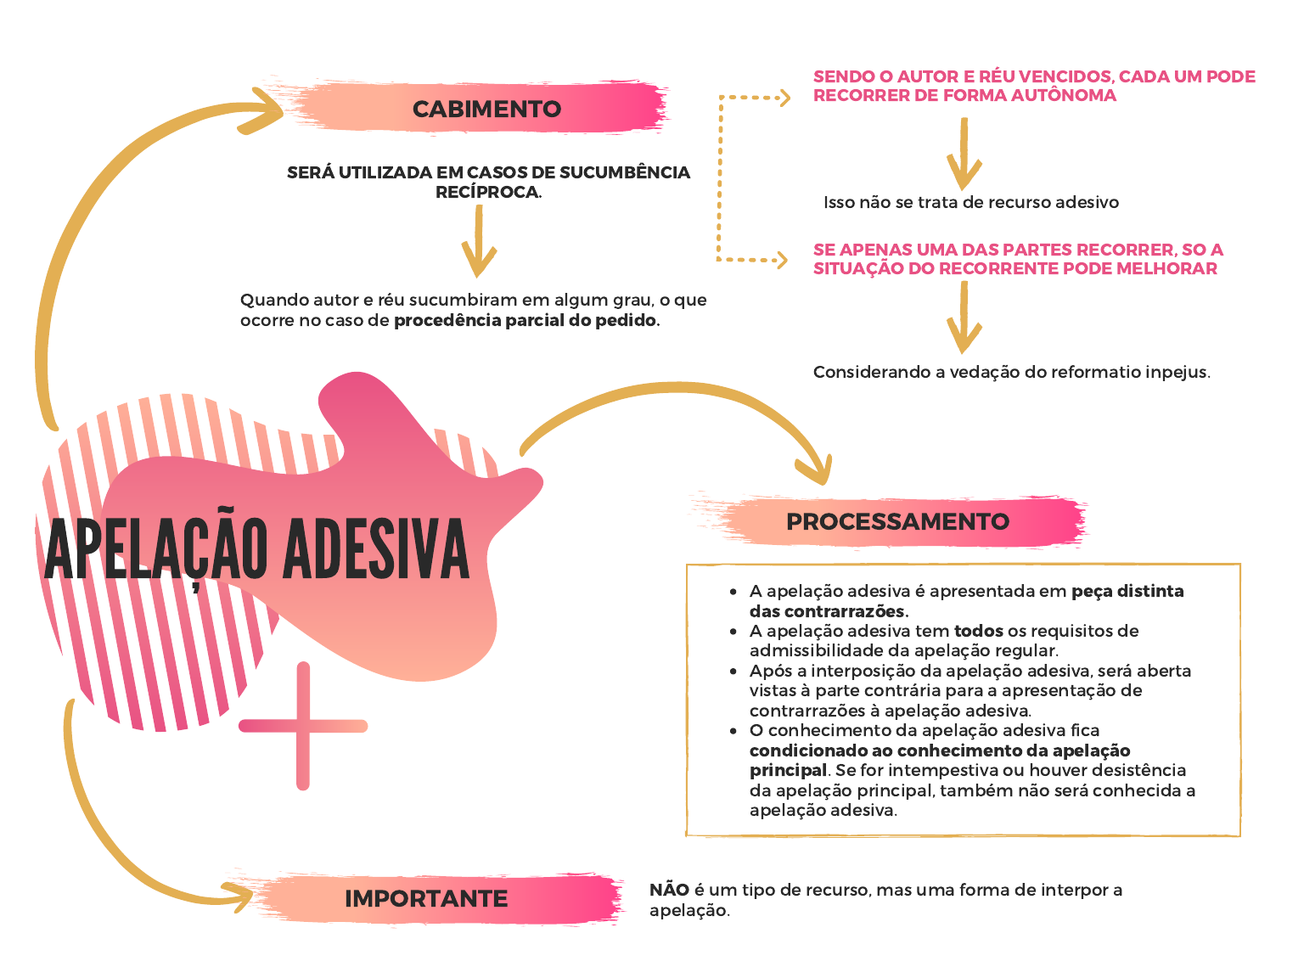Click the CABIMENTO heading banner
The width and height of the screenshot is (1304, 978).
pos(486,109)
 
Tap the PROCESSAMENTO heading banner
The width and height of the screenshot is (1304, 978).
pos(897,521)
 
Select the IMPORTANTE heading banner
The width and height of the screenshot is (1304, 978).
pos(426,898)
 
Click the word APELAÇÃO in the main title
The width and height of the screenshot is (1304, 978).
pos(158,550)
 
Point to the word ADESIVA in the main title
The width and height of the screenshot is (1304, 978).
pos(375,550)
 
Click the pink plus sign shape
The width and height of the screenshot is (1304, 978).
pos(303,726)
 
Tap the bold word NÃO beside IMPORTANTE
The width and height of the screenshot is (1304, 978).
pos(669,890)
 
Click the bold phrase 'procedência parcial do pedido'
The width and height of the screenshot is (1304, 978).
pos(526,321)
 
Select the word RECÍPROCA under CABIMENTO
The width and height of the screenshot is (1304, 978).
pos(488,193)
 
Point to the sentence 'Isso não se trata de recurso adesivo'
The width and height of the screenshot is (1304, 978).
pos(971,203)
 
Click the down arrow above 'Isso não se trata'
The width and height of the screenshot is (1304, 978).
pos(964,157)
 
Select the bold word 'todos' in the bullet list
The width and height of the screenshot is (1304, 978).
pos(978,631)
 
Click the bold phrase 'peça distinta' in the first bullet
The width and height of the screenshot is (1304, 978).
pos(1127,591)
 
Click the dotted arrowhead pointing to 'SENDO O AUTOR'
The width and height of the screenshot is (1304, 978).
pos(783,98)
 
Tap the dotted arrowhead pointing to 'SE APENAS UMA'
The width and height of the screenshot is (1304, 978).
pos(780,260)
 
